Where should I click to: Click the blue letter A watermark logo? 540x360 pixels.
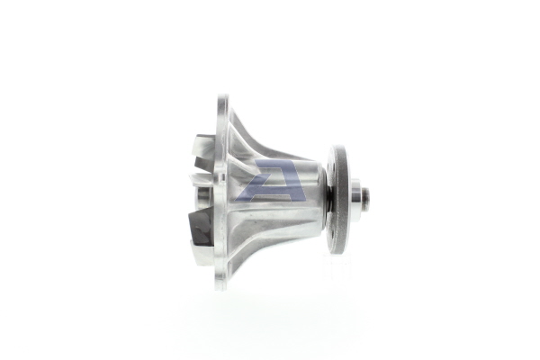coord(270,181)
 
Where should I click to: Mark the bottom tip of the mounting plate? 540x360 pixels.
coord(220,286)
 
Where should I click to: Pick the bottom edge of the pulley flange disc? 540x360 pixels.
coord(338,252)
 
